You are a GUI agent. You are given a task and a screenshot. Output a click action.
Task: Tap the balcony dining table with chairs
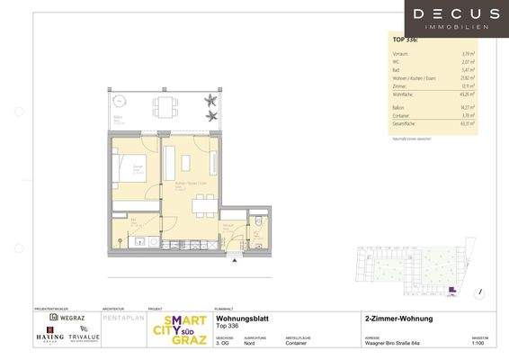164,106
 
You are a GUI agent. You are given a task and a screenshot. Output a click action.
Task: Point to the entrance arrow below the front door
235,261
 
